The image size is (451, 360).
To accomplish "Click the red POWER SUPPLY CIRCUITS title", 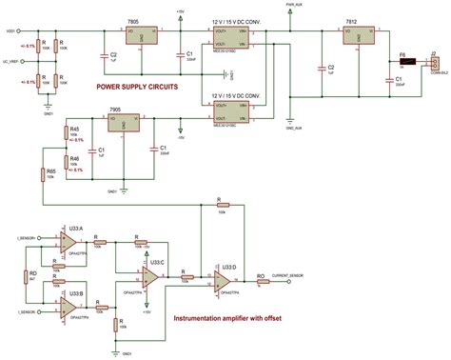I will (136, 88).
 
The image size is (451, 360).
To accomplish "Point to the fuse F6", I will (403, 66).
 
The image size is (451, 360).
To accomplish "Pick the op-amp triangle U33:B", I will (72, 307).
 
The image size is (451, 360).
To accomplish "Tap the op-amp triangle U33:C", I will (150, 276).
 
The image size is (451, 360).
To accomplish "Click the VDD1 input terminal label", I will (11, 30).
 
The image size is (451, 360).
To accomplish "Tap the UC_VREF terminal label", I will (12, 61).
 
